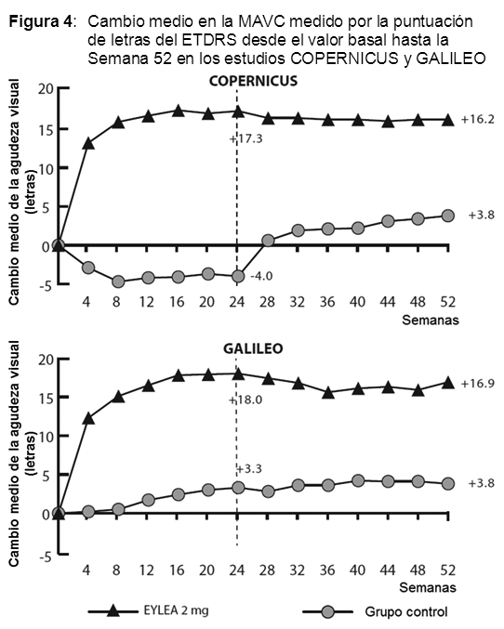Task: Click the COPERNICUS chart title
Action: [x=254, y=81]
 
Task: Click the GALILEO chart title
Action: [x=253, y=348]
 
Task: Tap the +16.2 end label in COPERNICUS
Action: [x=477, y=119]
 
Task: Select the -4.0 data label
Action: [x=261, y=276]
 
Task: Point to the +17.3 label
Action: [x=245, y=138]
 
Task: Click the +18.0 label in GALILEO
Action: [x=245, y=400]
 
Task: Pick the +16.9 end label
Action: [x=477, y=384]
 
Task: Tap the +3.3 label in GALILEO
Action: [x=249, y=468]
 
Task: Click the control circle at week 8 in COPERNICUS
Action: [x=118, y=282]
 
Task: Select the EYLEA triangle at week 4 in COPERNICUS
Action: [x=88, y=144]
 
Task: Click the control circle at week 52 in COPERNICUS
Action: [x=448, y=216]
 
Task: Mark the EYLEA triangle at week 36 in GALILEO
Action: [x=328, y=393]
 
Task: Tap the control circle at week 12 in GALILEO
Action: [x=148, y=500]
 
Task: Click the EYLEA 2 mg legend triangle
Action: [x=113, y=610]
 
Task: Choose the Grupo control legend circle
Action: [x=328, y=611]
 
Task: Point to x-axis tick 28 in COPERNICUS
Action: [x=267, y=302]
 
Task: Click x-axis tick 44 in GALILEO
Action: [x=388, y=570]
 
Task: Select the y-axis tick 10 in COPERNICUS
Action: [x=46, y=169]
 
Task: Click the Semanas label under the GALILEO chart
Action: [x=428, y=588]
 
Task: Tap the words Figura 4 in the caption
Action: [x=41, y=20]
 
